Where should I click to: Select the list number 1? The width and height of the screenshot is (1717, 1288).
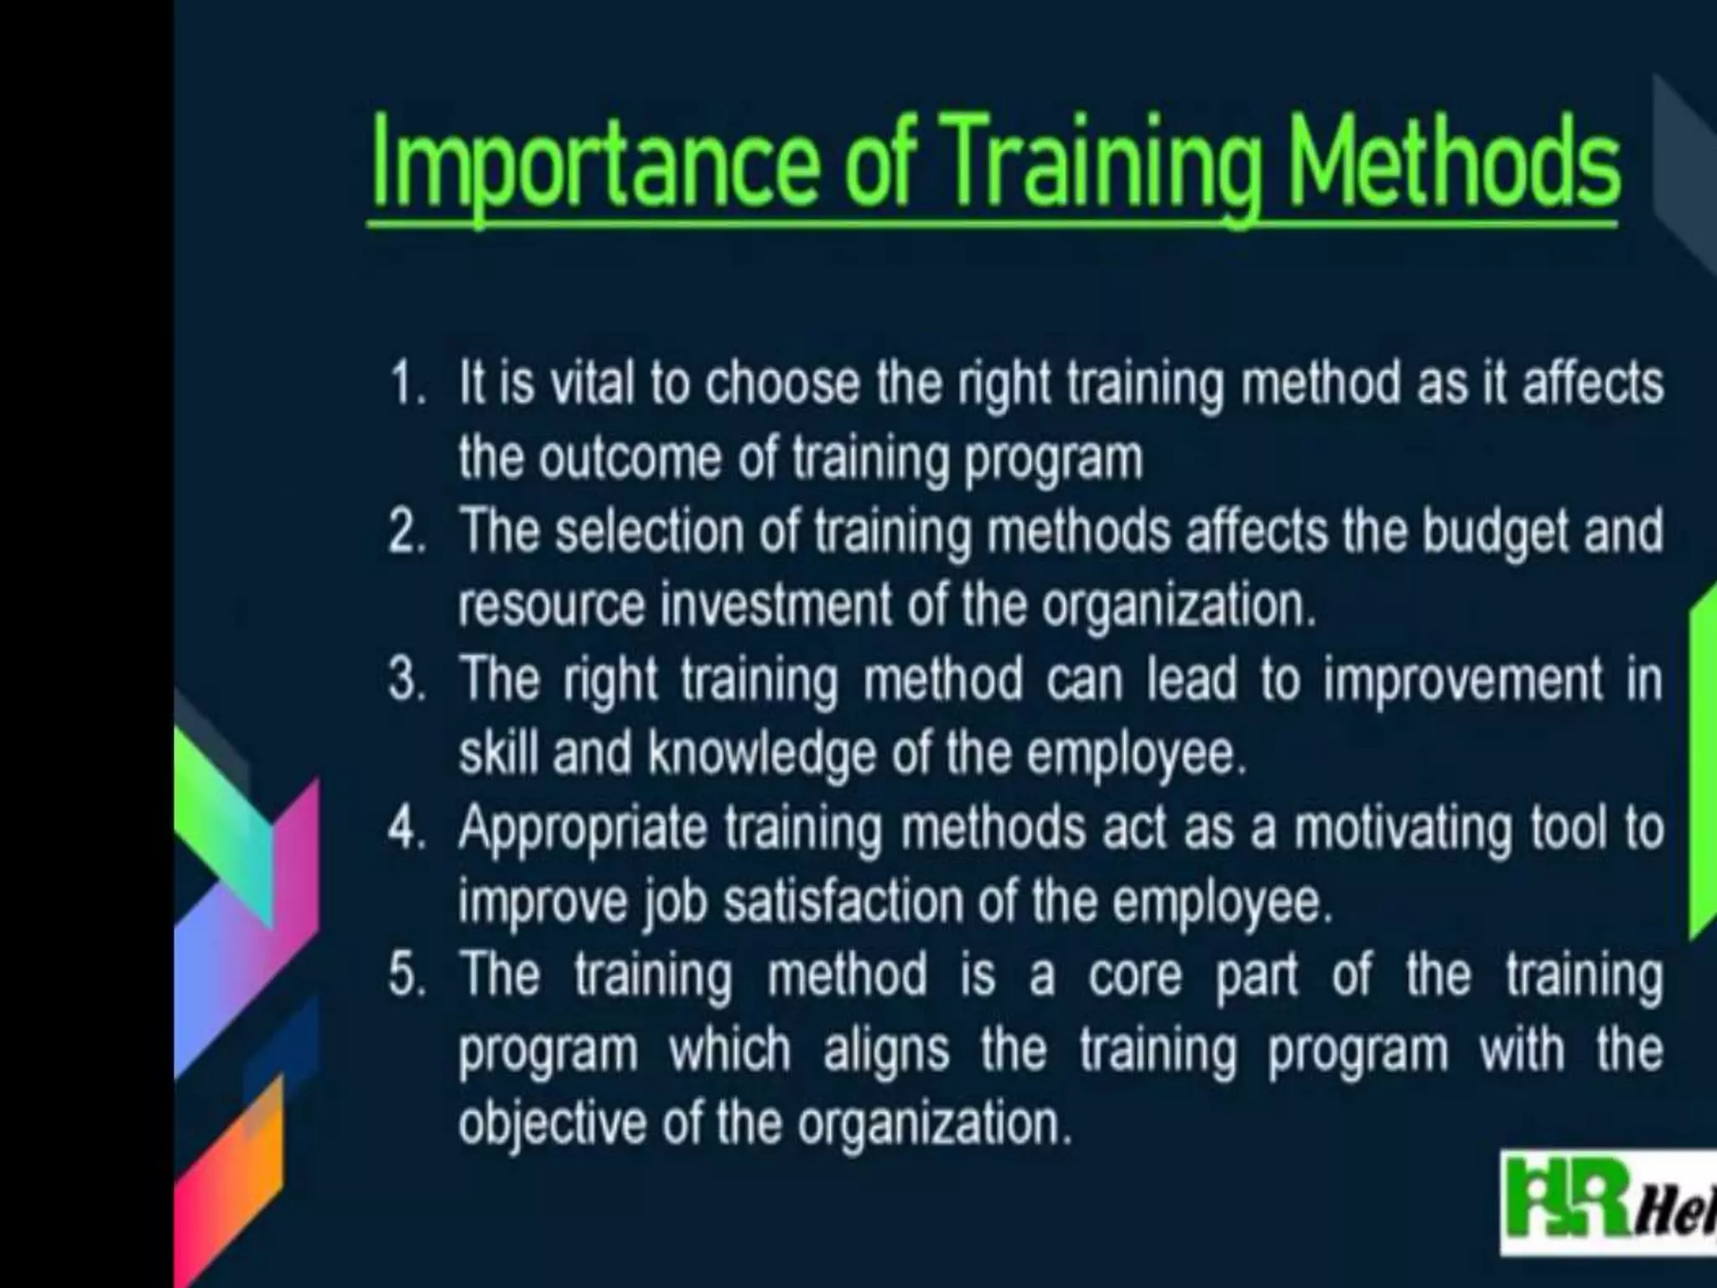click(x=407, y=385)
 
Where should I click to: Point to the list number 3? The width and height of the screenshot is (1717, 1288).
click(x=407, y=680)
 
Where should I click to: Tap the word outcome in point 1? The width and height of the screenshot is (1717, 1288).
click(x=629, y=458)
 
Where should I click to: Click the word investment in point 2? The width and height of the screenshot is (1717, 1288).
click(x=776, y=605)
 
